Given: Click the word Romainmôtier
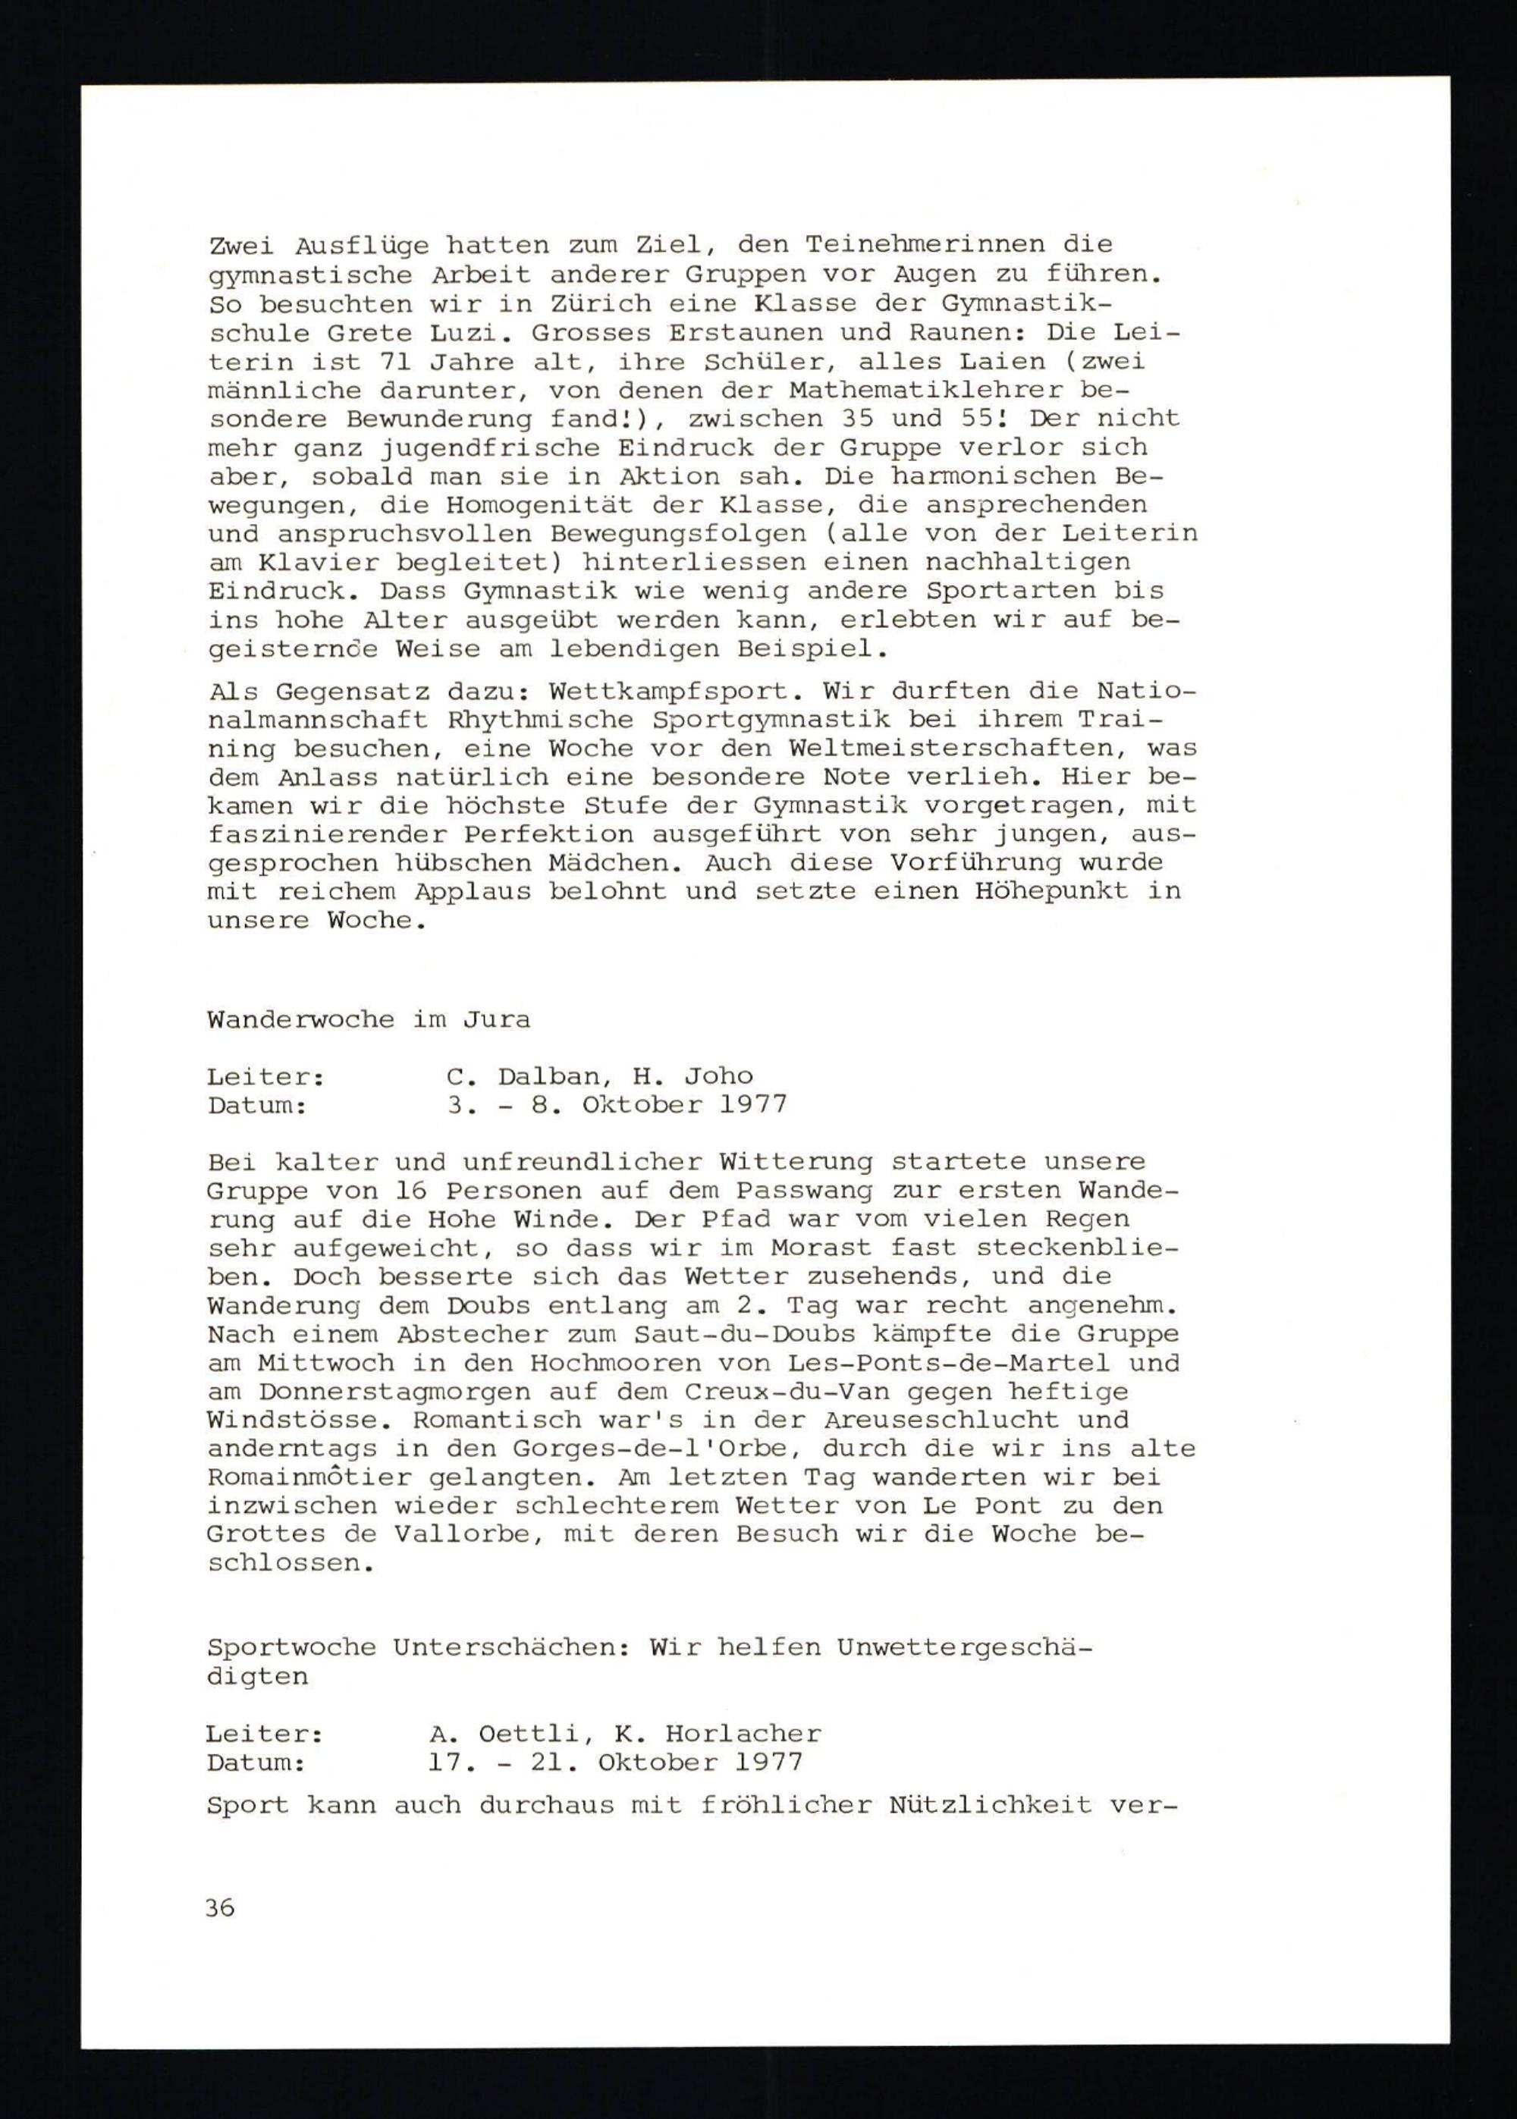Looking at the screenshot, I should tap(309, 1477).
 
